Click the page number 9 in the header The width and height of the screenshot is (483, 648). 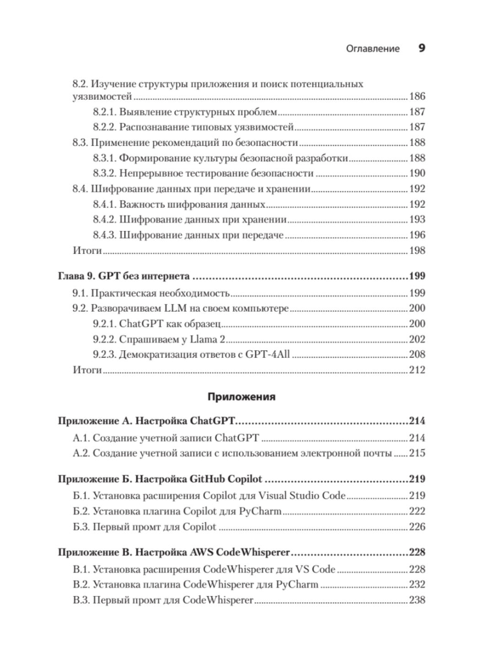click(x=422, y=48)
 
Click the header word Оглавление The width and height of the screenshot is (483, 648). click(x=373, y=48)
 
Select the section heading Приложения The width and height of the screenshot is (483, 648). click(x=241, y=397)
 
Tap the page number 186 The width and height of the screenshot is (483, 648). click(x=417, y=96)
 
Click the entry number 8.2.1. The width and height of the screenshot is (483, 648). click(x=105, y=112)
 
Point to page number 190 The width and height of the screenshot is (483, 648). click(x=417, y=173)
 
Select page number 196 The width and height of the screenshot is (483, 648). click(x=417, y=235)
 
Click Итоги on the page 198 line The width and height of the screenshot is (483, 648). click(x=87, y=251)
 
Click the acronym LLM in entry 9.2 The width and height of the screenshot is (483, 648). click(x=156, y=308)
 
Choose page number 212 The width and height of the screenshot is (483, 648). click(x=417, y=370)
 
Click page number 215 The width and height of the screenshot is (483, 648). click(x=417, y=453)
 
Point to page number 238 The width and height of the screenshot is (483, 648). click(x=417, y=600)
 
